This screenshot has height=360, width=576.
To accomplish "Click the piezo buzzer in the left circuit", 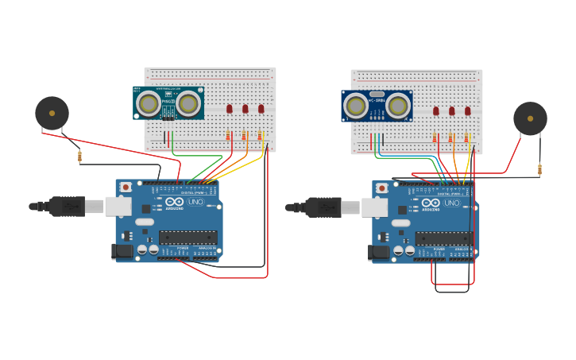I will pyautogui.click(x=52, y=113).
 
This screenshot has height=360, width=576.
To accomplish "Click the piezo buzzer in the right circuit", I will pyautogui.click(x=530, y=118).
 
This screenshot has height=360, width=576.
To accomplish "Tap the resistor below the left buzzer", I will pyautogui.click(x=79, y=157).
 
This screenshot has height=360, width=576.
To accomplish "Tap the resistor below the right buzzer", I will pyautogui.click(x=540, y=169).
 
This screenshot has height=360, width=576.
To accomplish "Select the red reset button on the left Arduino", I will pyautogui.click(x=126, y=187).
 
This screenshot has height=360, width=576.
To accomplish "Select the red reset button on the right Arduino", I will pyautogui.click(x=382, y=188).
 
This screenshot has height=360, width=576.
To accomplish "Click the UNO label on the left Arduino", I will pyautogui.click(x=195, y=203).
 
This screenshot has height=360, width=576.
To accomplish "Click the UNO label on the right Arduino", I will pyautogui.click(x=451, y=203).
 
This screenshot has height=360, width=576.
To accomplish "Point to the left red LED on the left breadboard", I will pyautogui.click(x=229, y=109).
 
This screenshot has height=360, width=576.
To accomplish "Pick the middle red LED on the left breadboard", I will pyautogui.click(x=245, y=109).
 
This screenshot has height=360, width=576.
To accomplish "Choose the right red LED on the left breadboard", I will pyautogui.click(x=261, y=109).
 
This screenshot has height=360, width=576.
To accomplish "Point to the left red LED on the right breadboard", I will pyautogui.click(x=435, y=111).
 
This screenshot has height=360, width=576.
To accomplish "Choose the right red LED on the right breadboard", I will pyautogui.click(x=468, y=111).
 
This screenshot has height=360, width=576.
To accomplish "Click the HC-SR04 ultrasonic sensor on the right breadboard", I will pyautogui.click(x=377, y=106).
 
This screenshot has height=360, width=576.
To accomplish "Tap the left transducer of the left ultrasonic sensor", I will pyautogui.click(x=147, y=103).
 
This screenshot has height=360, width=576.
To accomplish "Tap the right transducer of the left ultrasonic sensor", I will pyautogui.click(x=188, y=103).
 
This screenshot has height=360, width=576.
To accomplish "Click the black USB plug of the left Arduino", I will pyautogui.click(x=68, y=207).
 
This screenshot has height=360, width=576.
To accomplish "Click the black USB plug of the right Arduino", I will pyautogui.click(x=324, y=207).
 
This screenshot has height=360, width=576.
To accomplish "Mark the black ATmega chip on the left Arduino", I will pyautogui.click(x=188, y=237).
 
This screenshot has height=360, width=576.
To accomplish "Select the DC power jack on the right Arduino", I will pyautogui.click(x=378, y=253).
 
